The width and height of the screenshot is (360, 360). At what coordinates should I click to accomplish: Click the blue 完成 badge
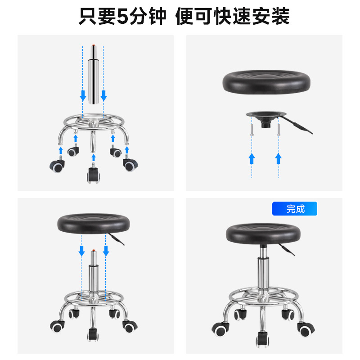tap(295, 208)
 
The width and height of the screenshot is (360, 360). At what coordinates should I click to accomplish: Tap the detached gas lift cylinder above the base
tap(94, 74)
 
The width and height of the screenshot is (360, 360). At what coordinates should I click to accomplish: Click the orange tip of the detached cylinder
tap(94, 45)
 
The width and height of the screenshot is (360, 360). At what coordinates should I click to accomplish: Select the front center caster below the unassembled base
tap(93, 173)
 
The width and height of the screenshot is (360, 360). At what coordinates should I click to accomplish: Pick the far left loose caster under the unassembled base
tap(57, 165)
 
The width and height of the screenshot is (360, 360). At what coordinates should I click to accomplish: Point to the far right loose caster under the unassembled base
tap(130, 163)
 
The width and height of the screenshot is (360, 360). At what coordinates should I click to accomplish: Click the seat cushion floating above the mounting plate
tap(266, 82)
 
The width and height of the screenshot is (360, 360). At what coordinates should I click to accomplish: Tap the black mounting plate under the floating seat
tap(266, 117)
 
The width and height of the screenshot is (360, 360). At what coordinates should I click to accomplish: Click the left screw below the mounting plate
tap(252, 130)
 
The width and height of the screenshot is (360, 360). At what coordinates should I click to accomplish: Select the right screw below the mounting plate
tap(279, 130)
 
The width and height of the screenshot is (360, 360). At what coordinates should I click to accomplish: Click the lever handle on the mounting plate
tap(297, 125)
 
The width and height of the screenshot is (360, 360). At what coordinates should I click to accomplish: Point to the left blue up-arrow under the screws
tap(252, 158)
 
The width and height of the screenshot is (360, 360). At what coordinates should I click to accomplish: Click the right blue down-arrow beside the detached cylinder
tap(103, 96)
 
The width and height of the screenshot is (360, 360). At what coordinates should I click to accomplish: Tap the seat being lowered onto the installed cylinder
tap(93, 223)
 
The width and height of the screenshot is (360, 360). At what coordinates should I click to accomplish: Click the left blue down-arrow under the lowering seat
tap(81, 251)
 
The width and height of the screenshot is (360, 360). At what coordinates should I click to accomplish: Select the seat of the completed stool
tap(263, 234)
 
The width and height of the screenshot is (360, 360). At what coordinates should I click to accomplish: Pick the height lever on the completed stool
tap(287, 250)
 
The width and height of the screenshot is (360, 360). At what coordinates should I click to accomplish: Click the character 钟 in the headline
tap(157, 16)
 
